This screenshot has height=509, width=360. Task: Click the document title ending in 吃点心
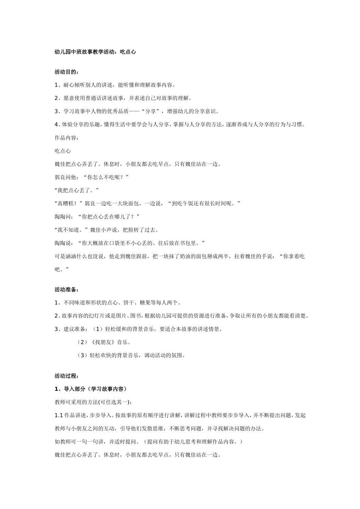95,52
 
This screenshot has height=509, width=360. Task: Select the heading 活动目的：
67,72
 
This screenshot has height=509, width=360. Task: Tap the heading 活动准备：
67,290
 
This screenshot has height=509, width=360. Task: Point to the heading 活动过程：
67,376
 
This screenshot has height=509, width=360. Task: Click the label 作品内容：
67,137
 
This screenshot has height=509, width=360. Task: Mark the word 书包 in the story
184,243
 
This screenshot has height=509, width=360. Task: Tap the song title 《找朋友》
101,342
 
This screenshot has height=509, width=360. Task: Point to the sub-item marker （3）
82,355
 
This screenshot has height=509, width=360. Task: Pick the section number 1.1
59,415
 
